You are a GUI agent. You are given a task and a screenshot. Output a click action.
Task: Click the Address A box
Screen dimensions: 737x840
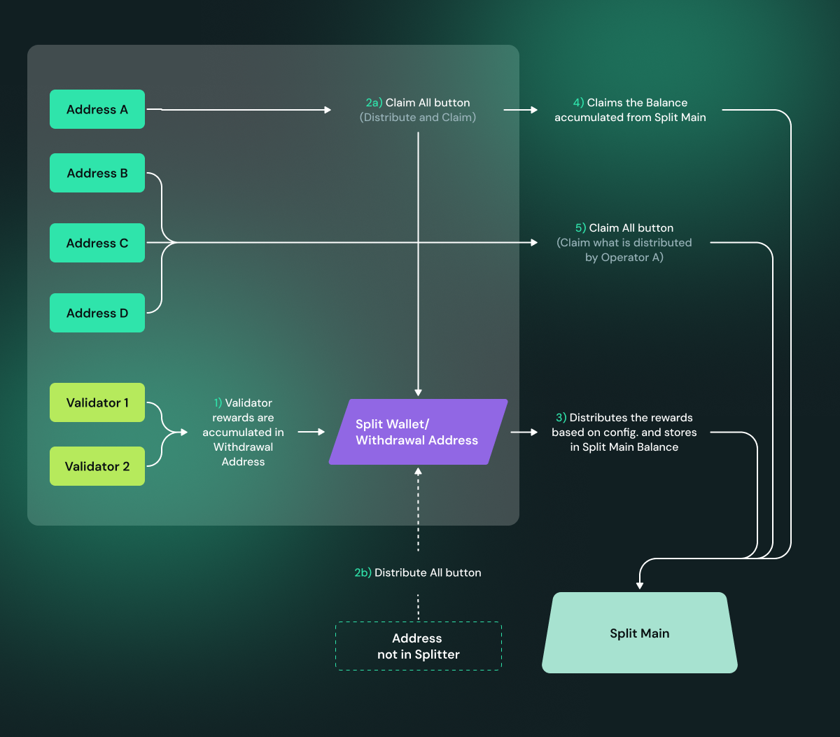coord(97,109)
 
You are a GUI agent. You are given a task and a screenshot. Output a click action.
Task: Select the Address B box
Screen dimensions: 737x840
coord(97,173)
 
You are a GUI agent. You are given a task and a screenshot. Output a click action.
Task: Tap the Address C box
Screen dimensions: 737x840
coord(97,243)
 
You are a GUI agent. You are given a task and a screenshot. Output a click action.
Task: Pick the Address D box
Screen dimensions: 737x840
coord(97,313)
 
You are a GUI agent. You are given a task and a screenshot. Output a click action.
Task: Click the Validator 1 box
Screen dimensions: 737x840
coord(97,402)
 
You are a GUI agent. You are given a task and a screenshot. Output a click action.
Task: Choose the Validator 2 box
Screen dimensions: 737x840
coord(97,466)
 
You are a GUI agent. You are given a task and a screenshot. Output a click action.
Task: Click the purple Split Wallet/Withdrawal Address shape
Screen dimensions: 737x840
coord(418,432)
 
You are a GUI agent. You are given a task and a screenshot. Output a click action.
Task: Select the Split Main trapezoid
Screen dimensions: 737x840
coord(640,633)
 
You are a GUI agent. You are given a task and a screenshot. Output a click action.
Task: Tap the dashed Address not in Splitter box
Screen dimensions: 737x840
coord(419,646)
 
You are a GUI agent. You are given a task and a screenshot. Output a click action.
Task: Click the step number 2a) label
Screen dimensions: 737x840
coord(374,103)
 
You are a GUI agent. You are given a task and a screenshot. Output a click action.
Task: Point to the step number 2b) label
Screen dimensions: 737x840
coord(363,573)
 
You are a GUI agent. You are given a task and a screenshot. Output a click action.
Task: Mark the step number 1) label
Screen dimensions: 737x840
coord(218,402)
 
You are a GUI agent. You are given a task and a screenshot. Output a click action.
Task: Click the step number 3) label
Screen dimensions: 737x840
coord(561,418)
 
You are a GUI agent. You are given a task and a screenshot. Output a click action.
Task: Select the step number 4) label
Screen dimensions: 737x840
coord(579,103)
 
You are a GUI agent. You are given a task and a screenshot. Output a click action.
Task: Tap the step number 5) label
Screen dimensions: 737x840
coord(580,228)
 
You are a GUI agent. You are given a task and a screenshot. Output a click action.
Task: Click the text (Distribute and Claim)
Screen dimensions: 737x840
coord(418,118)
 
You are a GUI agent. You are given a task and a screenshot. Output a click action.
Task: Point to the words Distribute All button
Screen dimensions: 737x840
coord(428,573)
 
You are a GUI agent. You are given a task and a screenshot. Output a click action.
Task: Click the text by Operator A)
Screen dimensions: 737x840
coord(624,258)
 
